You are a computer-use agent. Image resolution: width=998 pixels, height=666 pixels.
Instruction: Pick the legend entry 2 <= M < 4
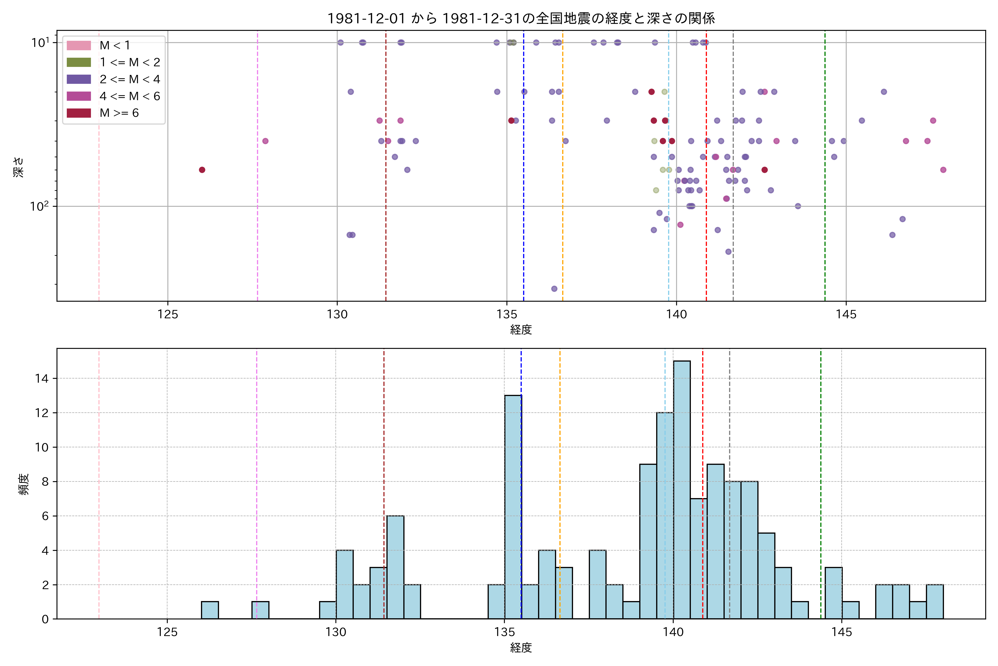129,79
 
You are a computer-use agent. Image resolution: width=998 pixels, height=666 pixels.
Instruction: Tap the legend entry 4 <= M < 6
129,96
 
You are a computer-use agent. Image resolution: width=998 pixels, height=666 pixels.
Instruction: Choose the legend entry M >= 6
119,113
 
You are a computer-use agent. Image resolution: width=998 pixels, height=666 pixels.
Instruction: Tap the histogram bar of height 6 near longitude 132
395,567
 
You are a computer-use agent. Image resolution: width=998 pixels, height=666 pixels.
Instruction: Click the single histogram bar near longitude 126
210,610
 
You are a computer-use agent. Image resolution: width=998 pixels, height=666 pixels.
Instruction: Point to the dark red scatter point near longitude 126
202,170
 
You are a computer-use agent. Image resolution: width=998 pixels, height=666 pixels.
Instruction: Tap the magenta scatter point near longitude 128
265,141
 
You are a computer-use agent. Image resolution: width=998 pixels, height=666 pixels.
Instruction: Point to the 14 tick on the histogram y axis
42,379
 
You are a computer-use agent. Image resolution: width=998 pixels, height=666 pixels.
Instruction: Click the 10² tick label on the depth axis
39,206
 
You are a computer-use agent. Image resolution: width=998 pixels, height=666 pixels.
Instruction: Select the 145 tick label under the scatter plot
846,315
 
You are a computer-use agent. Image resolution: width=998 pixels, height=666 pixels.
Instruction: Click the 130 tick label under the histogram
336,632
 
